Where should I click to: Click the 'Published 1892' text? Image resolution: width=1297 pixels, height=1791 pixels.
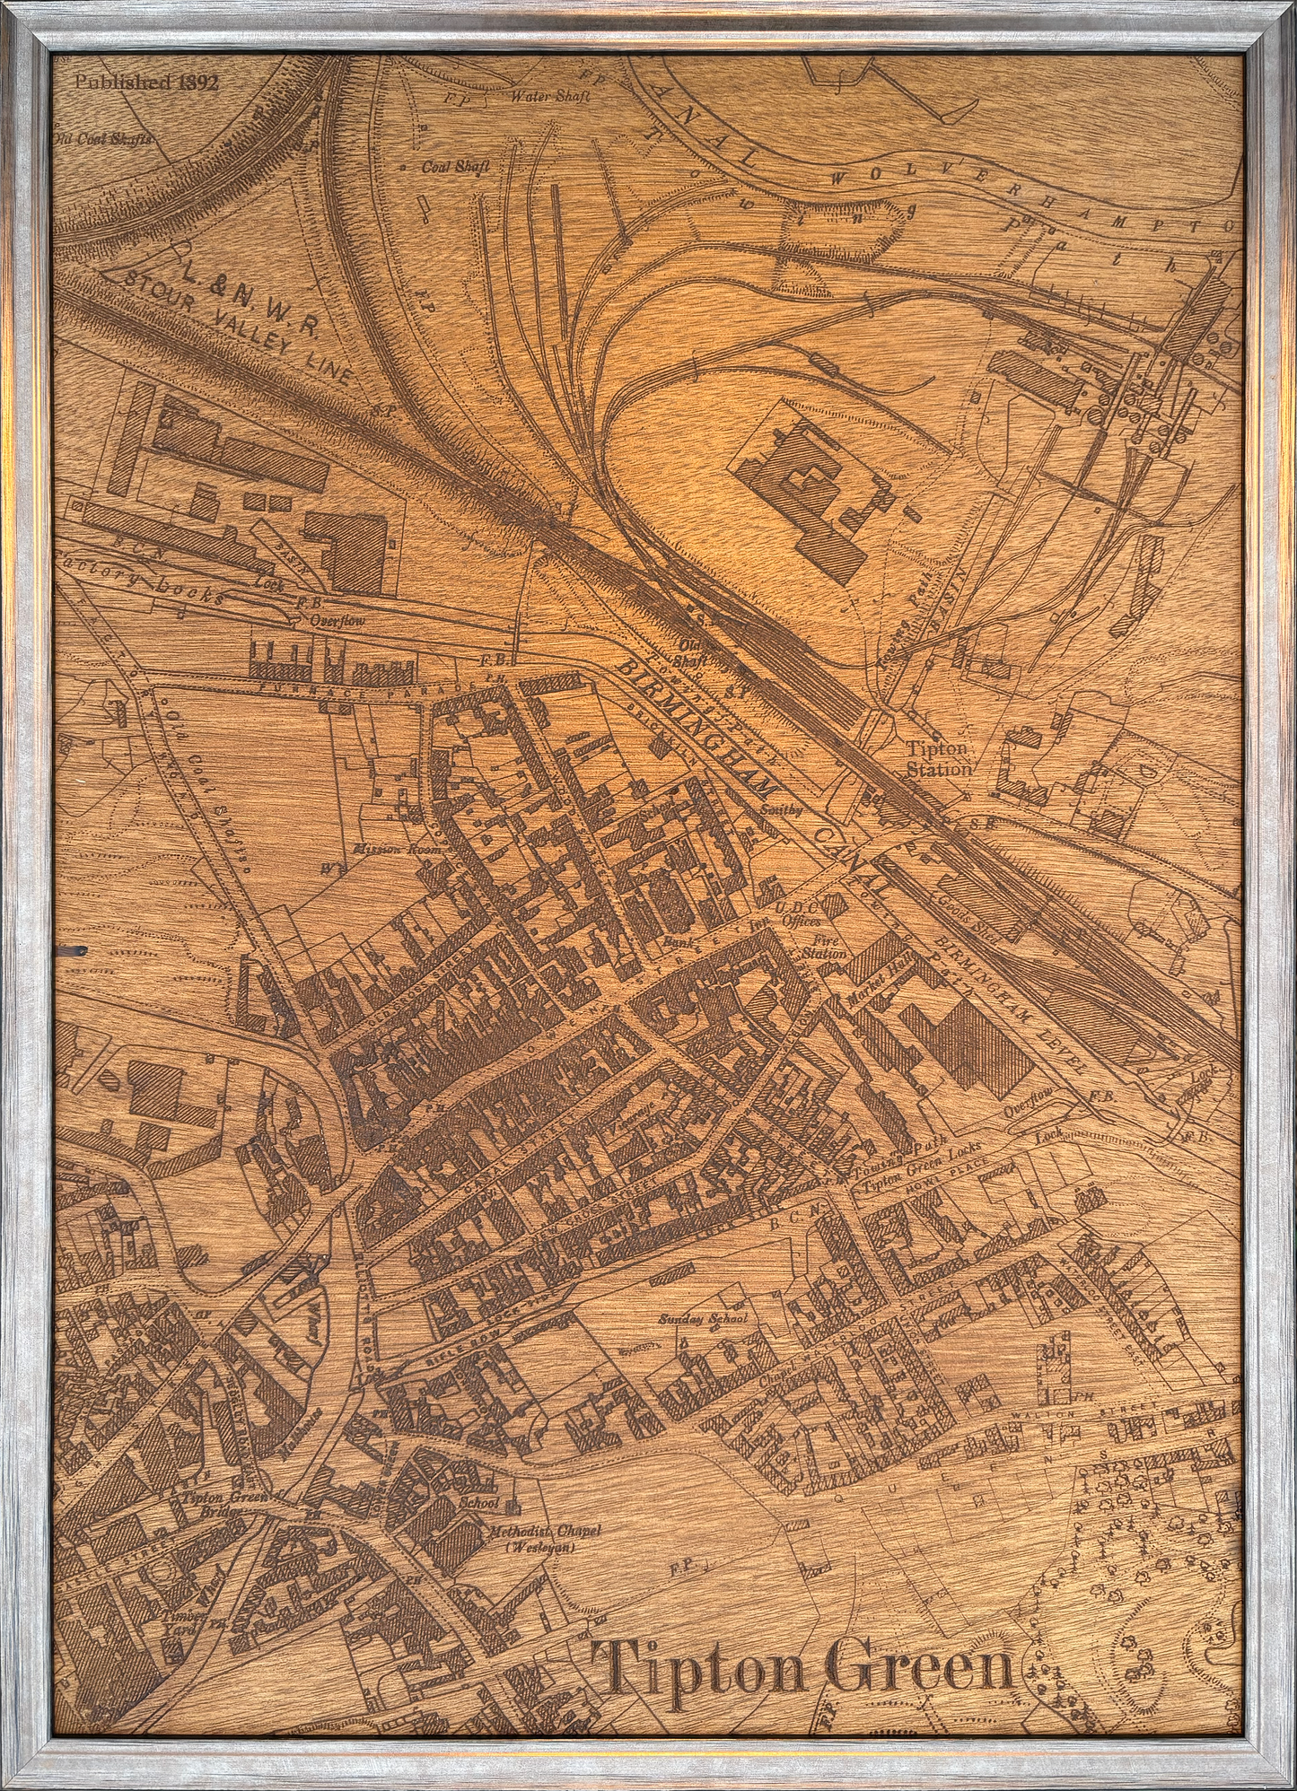click(146, 82)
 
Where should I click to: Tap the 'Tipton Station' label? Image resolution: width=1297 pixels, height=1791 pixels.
click(937, 759)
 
